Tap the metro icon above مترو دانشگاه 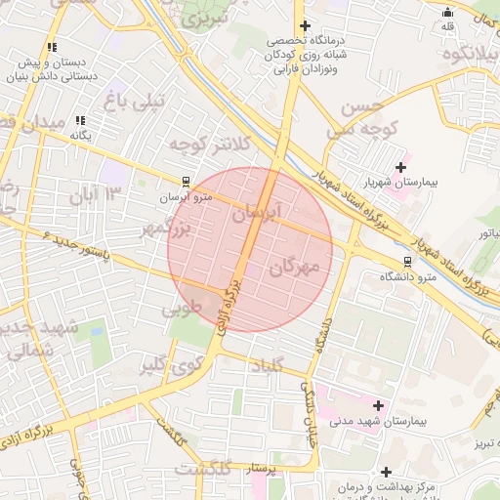coord(407,262)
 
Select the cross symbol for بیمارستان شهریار coord(400,167)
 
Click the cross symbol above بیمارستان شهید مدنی coord(379,404)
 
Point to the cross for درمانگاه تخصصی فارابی coord(306,25)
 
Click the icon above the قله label coord(447,12)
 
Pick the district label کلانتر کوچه coord(209,144)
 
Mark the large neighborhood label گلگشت coord(207,470)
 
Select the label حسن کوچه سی coord(354,117)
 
